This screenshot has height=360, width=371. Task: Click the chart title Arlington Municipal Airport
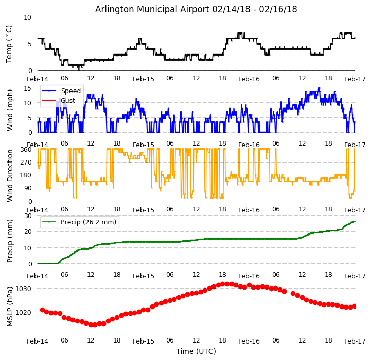[x=196, y=9]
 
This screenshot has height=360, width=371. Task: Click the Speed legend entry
[x=70, y=91]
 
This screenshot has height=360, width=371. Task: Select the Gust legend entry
[x=68, y=100]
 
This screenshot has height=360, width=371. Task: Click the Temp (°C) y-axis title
[x=9, y=44]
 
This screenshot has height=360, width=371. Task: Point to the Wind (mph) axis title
[x=10, y=110]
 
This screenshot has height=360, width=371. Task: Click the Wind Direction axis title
[x=10, y=175]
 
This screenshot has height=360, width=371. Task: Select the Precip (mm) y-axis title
[x=10, y=241]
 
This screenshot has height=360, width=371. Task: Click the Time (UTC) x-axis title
[x=196, y=351]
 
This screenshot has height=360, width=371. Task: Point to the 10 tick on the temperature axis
[x=27, y=17]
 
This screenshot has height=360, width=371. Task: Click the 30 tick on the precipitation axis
[x=27, y=215]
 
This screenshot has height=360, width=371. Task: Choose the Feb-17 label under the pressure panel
[x=355, y=341]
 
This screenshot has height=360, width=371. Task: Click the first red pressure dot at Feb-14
[x=42, y=310]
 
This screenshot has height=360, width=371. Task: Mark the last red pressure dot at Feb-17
[x=355, y=306]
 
